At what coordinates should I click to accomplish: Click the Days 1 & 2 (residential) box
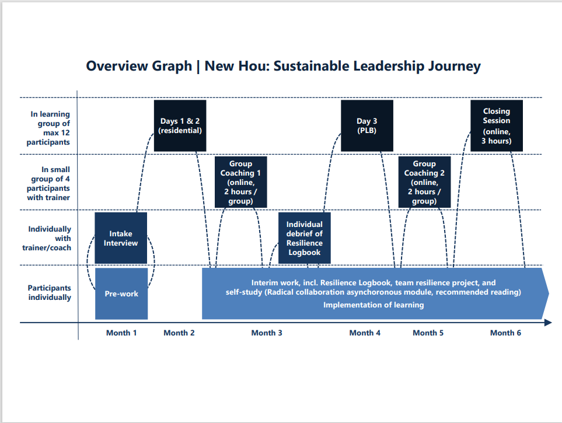pyautogui.click(x=180, y=125)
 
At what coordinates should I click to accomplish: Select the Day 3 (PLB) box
pyautogui.click(x=367, y=125)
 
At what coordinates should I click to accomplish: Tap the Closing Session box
pyautogui.click(x=497, y=125)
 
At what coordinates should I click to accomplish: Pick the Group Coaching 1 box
pyautogui.click(x=241, y=182)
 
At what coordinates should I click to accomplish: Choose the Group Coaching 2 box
pyautogui.click(x=424, y=182)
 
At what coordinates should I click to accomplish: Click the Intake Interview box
pyautogui.click(x=121, y=238)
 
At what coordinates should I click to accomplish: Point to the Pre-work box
pyautogui.click(x=121, y=293)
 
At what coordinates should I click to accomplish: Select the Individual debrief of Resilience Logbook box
pyautogui.click(x=305, y=238)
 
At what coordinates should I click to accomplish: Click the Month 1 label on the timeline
pyautogui.click(x=121, y=333)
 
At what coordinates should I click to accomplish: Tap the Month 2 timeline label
pyautogui.click(x=179, y=333)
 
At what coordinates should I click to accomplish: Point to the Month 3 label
pyautogui.click(x=267, y=333)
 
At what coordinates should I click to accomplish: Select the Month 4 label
pyautogui.click(x=365, y=333)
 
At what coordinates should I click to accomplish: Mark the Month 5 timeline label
pyautogui.click(x=428, y=333)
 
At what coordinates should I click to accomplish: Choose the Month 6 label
pyautogui.click(x=506, y=333)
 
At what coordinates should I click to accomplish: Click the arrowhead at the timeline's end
pyautogui.click(x=549, y=323)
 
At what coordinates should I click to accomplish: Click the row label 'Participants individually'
pyautogui.click(x=50, y=292)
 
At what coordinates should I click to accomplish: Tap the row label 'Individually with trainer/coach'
pyautogui.click(x=47, y=239)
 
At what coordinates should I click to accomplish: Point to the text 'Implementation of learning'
pyautogui.click(x=373, y=305)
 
